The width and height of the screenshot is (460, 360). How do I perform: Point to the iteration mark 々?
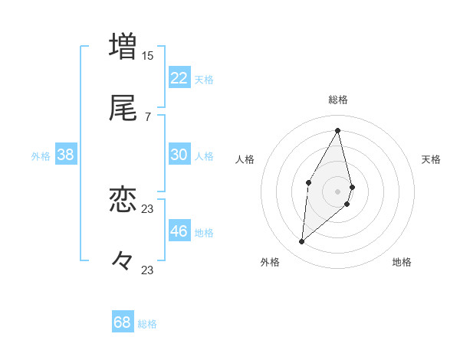123,261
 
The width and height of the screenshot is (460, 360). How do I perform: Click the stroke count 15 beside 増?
147,55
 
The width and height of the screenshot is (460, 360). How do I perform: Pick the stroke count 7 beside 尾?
147,117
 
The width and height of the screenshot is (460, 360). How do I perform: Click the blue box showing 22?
179,78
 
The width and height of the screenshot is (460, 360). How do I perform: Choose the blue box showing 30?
179,155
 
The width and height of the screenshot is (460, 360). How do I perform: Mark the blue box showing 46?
179,231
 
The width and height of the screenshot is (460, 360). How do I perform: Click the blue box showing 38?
66,155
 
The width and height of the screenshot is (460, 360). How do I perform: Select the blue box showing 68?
123,322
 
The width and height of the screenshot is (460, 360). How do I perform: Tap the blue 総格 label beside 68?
147,324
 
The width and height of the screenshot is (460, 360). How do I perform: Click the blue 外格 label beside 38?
41,156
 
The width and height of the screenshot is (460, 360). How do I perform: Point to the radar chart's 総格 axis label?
338,100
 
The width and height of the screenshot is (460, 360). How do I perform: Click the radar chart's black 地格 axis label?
402,262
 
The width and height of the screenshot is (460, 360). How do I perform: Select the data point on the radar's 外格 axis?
302,242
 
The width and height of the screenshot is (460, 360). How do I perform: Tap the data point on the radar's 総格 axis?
338,129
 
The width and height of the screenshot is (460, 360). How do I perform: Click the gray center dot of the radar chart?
338,191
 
